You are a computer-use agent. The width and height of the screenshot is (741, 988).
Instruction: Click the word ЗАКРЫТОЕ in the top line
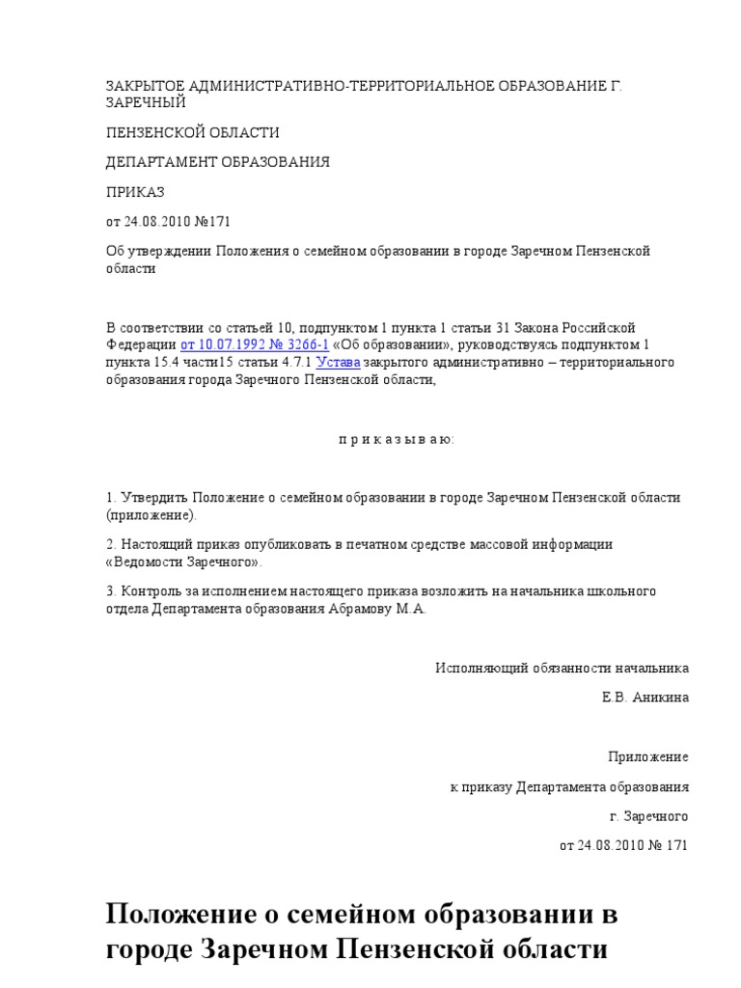pos(146,86)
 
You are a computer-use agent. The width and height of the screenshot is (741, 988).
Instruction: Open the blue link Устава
pos(340,362)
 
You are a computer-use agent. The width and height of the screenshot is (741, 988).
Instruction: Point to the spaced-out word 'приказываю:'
pos(396,439)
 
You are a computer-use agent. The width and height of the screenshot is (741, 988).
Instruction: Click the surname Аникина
pos(661,697)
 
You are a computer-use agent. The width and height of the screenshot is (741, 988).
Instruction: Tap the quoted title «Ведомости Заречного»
pos(183,562)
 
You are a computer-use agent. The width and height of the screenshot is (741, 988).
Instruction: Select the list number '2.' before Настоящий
pos(111,544)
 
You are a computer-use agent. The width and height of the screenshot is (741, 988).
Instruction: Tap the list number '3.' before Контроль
pos(111,590)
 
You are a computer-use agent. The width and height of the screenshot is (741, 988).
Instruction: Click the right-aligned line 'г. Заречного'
pos(649,815)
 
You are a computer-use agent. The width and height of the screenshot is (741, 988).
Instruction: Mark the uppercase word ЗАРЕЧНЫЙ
pos(146,102)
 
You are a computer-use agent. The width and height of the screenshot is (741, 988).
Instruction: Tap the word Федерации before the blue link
pos(141,344)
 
